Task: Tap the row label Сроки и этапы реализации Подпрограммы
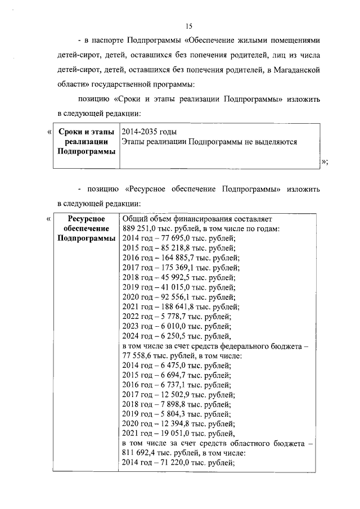[x=86, y=142]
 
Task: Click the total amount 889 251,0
[x=138, y=228]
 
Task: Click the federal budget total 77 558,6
[x=138, y=356]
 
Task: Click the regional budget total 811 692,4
[x=140, y=454]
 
